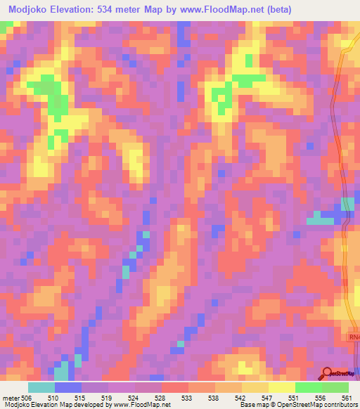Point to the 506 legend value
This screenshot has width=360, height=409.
pyautogui.click(x=27, y=398)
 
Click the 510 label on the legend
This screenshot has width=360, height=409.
pyautogui.click(x=53, y=398)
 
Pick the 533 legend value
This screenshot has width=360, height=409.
pyautogui.click(x=187, y=398)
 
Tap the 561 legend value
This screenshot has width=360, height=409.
pyautogui.click(x=346, y=398)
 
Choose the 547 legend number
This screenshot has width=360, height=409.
pyautogui.click(x=267, y=398)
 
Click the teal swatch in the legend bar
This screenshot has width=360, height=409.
pyautogui.click(x=41, y=387)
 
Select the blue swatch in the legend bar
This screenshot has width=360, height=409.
pyautogui.click(x=67, y=387)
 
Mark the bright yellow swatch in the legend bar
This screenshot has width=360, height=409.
pyautogui.click(x=281, y=387)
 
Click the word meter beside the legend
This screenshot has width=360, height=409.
pyautogui.click(x=11, y=398)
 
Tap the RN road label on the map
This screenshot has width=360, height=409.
pyautogui.click(x=353, y=337)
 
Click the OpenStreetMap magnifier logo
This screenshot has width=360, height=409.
pyautogui.click(x=328, y=373)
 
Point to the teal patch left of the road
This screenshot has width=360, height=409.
pyautogui.click(x=321, y=221)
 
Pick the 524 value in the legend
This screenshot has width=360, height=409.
pyautogui.click(x=134, y=398)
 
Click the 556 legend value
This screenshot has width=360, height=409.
pyautogui.click(x=321, y=398)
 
